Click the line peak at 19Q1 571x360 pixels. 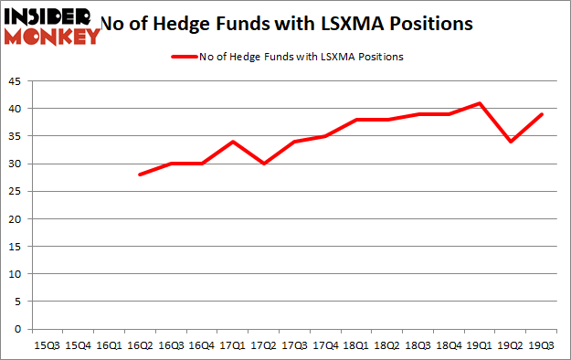click(x=479, y=103)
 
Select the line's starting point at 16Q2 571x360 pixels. click(x=140, y=175)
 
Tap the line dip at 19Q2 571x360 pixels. click(x=510, y=142)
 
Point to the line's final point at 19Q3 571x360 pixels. click(x=541, y=114)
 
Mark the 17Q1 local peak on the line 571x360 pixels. click(x=232, y=142)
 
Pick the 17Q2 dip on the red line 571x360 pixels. click(x=263, y=164)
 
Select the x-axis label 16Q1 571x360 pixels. click(x=109, y=345)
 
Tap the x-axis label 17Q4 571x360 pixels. click(x=324, y=345)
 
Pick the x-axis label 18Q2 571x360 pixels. click(x=386, y=345)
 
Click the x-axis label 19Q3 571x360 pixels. click(x=541, y=345)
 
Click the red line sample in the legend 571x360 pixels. click(x=185, y=57)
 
